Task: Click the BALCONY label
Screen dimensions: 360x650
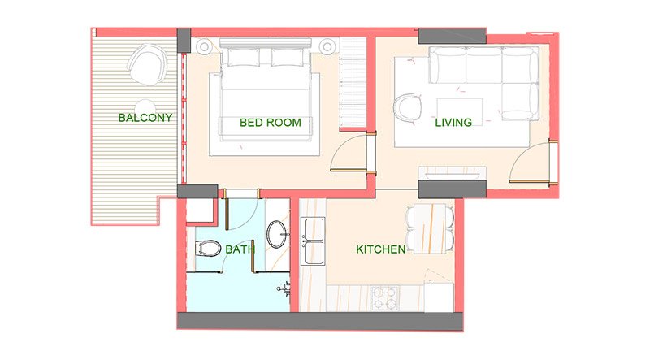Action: pyautogui.click(x=145, y=118)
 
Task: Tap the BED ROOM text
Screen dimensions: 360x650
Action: pyautogui.click(x=271, y=123)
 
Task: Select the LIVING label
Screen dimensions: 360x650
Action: pyautogui.click(x=453, y=122)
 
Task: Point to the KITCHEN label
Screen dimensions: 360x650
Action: pyautogui.click(x=380, y=249)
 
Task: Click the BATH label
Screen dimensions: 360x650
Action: pyautogui.click(x=238, y=249)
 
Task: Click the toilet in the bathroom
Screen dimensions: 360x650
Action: pyautogui.click(x=209, y=249)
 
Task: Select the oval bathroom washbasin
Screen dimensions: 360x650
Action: pyautogui.click(x=277, y=234)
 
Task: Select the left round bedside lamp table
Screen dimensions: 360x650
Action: pyautogui.click(x=203, y=46)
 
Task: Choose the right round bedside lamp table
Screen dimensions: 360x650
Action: pyautogui.click(x=328, y=46)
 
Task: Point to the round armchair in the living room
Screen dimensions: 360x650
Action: pyautogui.click(x=408, y=106)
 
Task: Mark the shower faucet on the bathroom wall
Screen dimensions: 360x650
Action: pyautogui.click(x=285, y=288)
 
